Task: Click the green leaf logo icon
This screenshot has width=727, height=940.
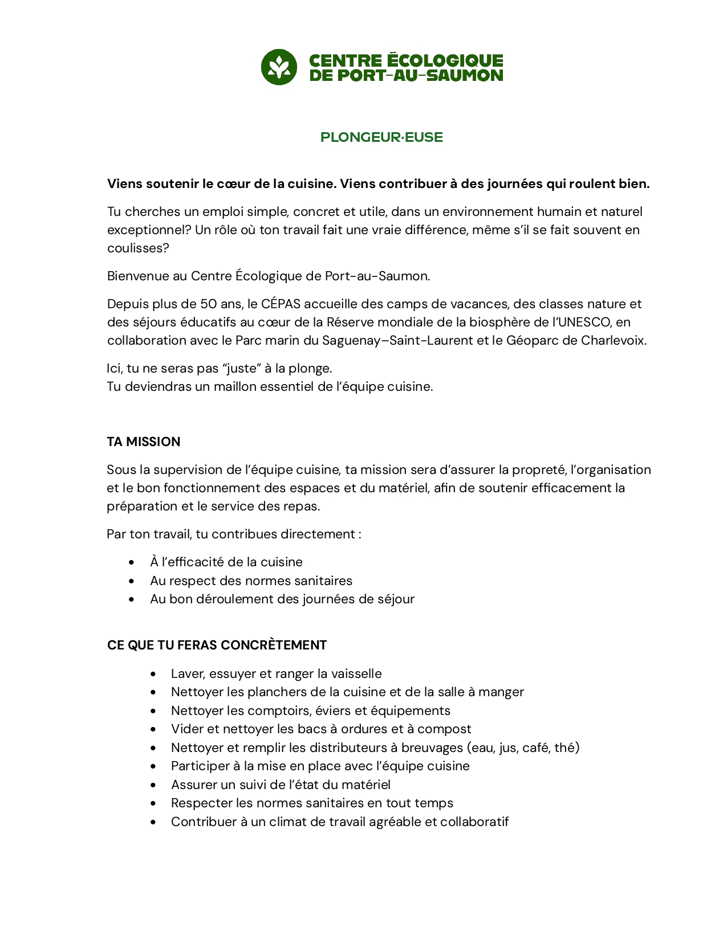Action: click(x=279, y=67)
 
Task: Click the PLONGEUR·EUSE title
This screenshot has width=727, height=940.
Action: click(x=381, y=137)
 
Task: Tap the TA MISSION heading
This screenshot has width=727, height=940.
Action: click(x=144, y=442)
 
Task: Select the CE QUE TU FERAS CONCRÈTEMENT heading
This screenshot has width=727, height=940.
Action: click(x=217, y=645)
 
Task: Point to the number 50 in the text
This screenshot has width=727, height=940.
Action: click(x=209, y=304)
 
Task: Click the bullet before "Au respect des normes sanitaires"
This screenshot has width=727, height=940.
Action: click(x=132, y=581)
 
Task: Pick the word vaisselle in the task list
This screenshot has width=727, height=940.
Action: click(x=355, y=673)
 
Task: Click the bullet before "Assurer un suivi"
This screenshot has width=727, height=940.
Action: click(x=153, y=785)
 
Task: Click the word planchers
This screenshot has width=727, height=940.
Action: click(x=275, y=692)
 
